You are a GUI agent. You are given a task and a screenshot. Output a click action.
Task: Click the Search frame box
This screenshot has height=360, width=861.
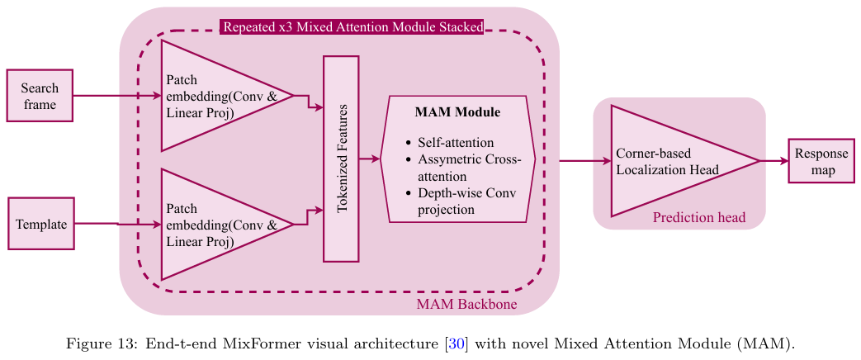40,96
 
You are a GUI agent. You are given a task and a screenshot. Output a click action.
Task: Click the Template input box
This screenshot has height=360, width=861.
41,224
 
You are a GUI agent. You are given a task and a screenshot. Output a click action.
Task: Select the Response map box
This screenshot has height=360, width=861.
821,162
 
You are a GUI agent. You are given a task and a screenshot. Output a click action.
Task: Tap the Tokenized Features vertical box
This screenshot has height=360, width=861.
341,159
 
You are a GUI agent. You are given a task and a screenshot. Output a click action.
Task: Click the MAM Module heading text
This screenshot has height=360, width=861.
457,111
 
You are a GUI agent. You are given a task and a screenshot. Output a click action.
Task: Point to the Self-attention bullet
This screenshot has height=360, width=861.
456,142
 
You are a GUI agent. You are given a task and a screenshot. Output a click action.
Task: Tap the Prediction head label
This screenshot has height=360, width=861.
698,218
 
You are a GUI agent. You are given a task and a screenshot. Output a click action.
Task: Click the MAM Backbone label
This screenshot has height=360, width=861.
466,306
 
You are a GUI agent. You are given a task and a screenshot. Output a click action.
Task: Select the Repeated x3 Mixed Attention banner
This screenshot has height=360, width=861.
352,27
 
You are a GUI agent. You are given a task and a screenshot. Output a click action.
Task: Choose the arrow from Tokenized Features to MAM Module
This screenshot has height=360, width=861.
370,159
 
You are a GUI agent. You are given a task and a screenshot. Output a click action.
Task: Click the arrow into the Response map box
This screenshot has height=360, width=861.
774,162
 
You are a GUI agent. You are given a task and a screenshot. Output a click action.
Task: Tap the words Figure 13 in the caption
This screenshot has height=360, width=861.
94,344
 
